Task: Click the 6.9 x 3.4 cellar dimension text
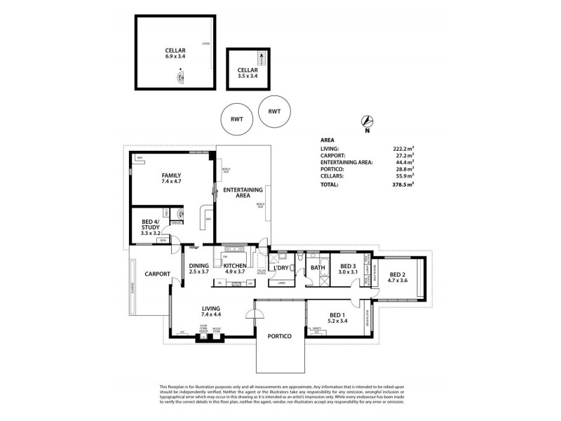tap(175, 55)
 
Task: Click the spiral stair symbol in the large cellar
tap(182, 76)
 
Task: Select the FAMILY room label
tap(171, 175)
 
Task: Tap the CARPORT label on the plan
tap(158, 274)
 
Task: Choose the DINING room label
tap(200, 265)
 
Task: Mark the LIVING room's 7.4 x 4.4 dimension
tap(211, 315)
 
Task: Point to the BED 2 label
tap(398, 274)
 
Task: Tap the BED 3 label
tap(349, 266)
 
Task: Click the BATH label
tap(318, 267)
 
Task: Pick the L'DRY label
tap(281, 267)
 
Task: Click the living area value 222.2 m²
tap(403, 149)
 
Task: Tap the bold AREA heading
tap(327, 140)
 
